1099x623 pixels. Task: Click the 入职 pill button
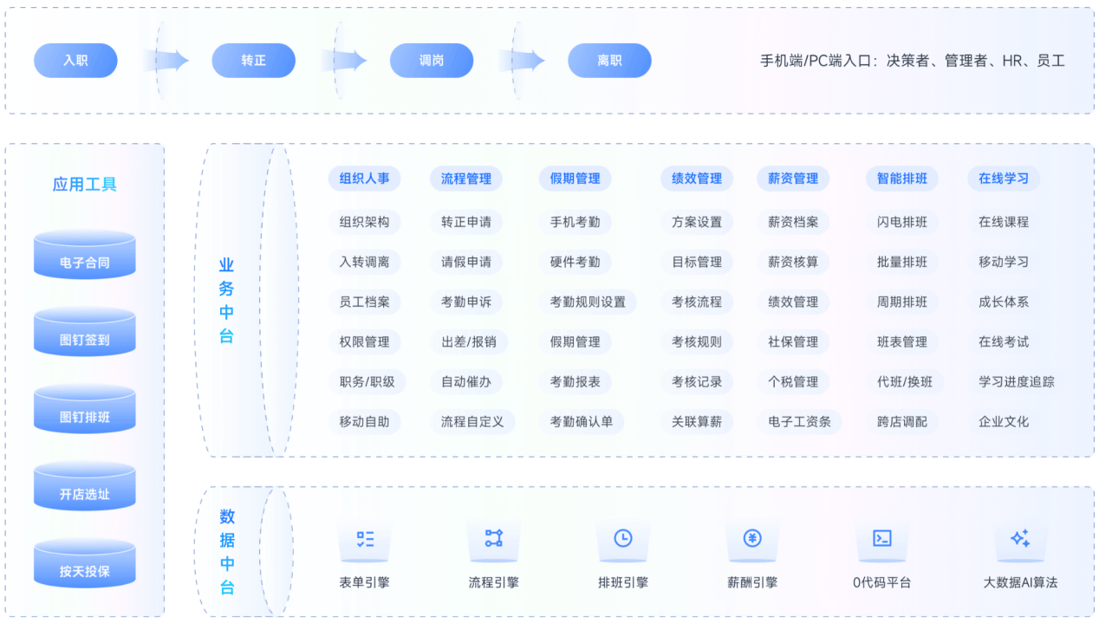click(x=75, y=61)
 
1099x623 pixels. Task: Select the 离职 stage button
click(x=609, y=61)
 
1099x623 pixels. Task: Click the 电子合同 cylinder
click(x=85, y=255)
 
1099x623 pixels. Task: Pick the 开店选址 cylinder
click(x=85, y=486)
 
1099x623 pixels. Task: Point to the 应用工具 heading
click(x=84, y=185)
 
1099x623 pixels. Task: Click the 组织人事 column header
click(x=365, y=178)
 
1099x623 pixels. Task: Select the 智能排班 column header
click(x=901, y=178)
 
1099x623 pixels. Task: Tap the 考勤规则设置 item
click(x=588, y=302)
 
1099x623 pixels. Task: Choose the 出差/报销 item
click(x=469, y=342)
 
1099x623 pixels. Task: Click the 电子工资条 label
click(x=799, y=422)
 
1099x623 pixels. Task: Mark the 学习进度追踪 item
click(x=1016, y=381)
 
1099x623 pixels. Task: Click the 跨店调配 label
click(x=901, y=422)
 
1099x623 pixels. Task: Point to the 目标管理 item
click(x=697, y=262)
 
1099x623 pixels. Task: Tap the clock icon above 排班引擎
click(x=623, y=538)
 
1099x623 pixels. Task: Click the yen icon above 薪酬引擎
click(x=752, y=538)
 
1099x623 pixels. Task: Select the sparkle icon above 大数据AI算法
click(x=1020, y=538)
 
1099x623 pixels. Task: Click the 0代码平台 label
click(x=881, y=582)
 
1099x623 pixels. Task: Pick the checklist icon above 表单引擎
click(x=365, y=539)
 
